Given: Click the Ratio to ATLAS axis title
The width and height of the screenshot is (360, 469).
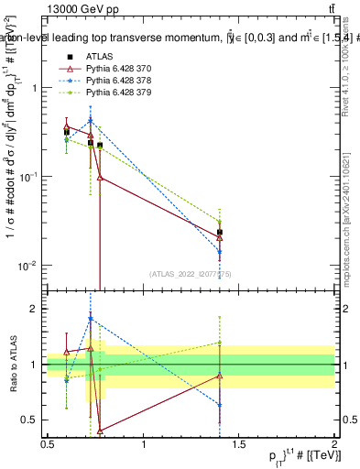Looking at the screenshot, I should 12,366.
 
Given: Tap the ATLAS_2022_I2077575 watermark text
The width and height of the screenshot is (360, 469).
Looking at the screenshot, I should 191,274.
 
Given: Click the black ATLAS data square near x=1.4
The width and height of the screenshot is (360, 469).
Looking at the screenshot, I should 220,233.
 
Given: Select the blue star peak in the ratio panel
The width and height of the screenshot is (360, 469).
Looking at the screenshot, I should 91,319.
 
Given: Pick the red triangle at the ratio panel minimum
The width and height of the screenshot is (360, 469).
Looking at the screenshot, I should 100,430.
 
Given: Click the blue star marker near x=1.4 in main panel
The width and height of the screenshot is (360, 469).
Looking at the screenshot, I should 220,252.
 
